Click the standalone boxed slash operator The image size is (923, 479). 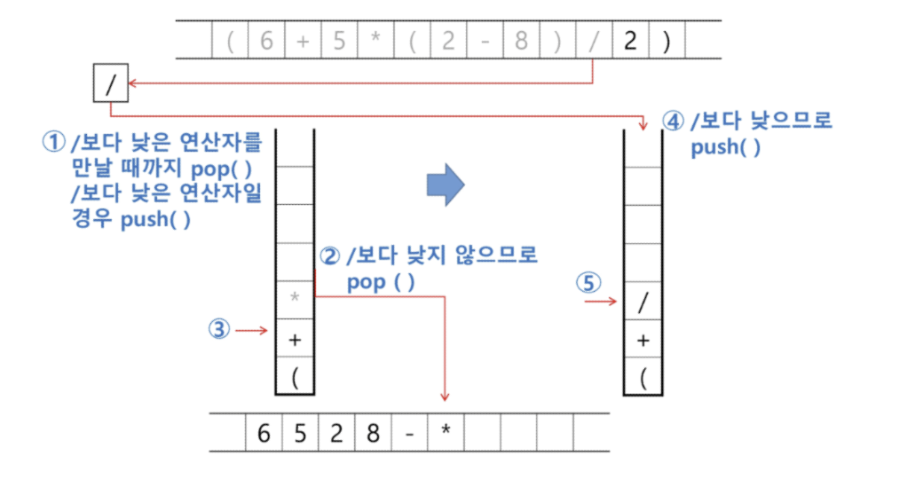click(110, 85)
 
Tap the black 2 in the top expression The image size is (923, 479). click(630, 41)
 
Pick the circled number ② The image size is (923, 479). click(329, 257)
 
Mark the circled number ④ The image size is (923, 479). click(674, 122)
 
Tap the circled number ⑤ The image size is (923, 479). click(588, 284)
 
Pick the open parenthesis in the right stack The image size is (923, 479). click(643, 378)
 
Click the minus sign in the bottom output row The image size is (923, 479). click(409, 435)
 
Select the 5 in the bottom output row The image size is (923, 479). click(300, 435)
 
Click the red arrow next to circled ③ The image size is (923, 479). click(253, 331)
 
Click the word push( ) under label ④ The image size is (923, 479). click(725, 147)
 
